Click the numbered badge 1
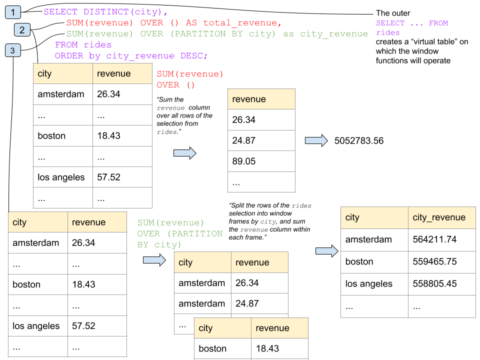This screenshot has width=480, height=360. click(x=12, y=12)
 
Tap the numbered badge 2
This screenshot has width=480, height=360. click(x=22, y=30)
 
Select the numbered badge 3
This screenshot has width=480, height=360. click(x=12, y=50)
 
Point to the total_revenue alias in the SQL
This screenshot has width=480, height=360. click(x=242, y=23)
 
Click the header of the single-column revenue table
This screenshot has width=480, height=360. click(x=261, y=99)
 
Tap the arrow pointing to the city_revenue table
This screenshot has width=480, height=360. click(x=326, y=251)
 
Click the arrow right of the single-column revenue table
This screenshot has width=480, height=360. click(x=316, y=140)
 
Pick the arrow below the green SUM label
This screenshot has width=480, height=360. click(x=154, y=259)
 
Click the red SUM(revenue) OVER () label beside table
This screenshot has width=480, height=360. click(x=189, y=79)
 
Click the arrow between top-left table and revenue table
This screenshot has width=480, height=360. click(x=184, y=153)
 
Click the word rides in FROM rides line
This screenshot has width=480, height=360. click(x=97, y=44)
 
